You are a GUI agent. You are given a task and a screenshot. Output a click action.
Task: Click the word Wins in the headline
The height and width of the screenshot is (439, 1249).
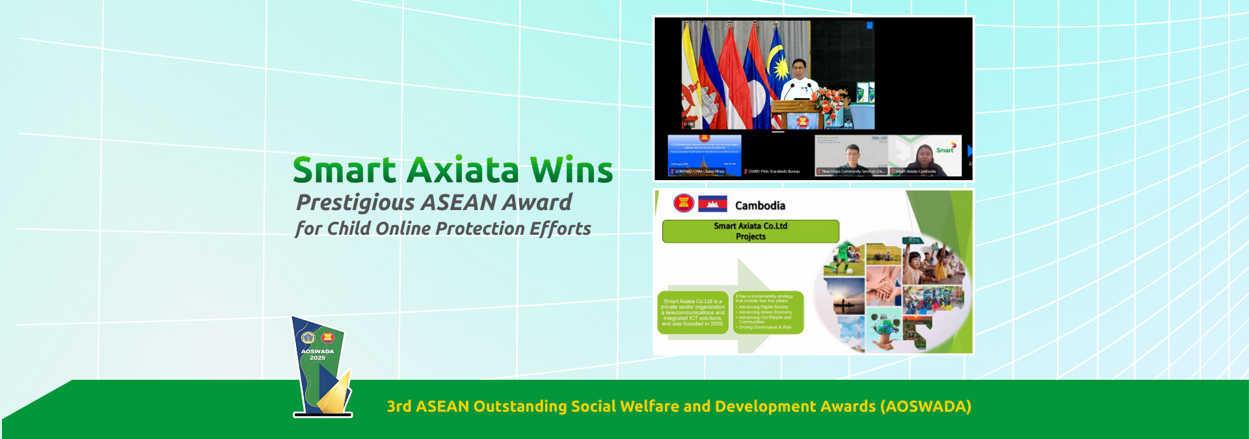click(571, 170)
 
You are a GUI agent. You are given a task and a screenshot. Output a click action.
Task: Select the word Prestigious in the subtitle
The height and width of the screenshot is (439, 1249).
click(355, 203)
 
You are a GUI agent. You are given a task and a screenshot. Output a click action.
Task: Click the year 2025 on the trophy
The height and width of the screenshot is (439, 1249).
click(317, 358)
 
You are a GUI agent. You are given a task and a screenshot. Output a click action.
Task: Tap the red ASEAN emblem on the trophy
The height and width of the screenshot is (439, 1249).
click(327, 337)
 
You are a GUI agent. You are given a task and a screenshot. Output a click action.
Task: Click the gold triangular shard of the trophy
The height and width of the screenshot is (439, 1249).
click(337, 393)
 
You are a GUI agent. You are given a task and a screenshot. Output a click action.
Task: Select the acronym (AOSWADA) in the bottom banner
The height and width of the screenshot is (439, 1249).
click(926, 406)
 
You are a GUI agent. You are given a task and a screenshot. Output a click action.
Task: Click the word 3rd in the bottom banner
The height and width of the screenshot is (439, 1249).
click(399, 406)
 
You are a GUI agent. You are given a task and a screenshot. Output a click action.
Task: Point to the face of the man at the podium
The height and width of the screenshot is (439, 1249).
click(799, 68)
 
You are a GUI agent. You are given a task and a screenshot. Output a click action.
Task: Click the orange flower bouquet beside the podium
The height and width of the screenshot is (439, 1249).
click(829, 101)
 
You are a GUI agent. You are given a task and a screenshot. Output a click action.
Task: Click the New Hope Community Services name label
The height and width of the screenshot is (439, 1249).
click(852, 172)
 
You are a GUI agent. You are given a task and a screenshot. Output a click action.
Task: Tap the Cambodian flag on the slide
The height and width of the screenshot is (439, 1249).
click(712, 204)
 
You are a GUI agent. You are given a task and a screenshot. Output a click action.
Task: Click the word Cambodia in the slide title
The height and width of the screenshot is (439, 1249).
click(760, 206)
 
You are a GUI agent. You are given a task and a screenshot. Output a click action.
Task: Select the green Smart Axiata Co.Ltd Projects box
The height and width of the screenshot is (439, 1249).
click(750, 231)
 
